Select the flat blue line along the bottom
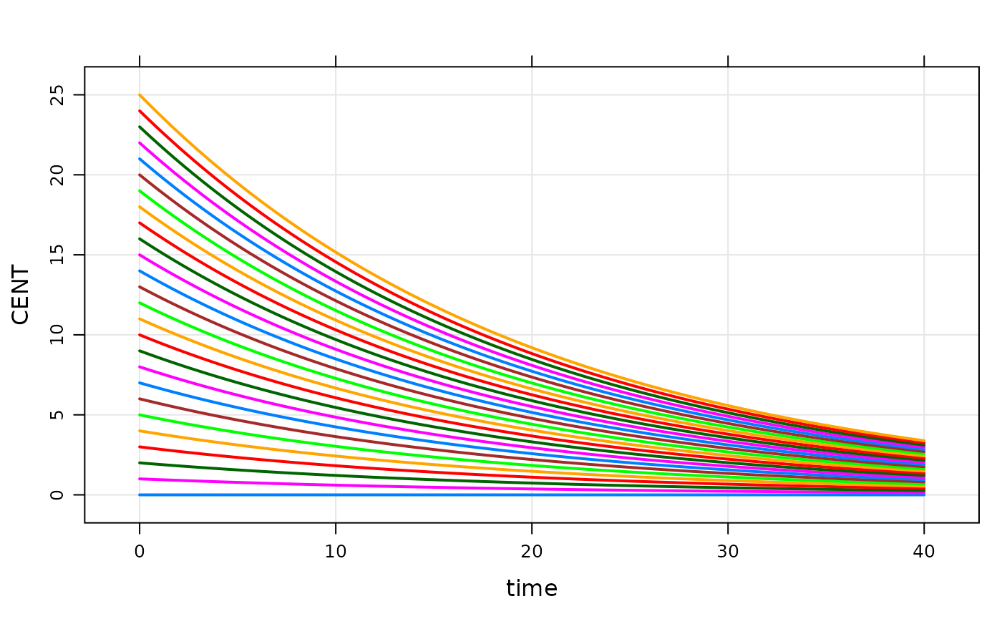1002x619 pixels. (429, 494)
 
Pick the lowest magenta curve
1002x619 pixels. (215, 482)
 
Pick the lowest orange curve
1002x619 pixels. (215, 440)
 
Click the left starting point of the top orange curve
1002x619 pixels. (140, 94)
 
